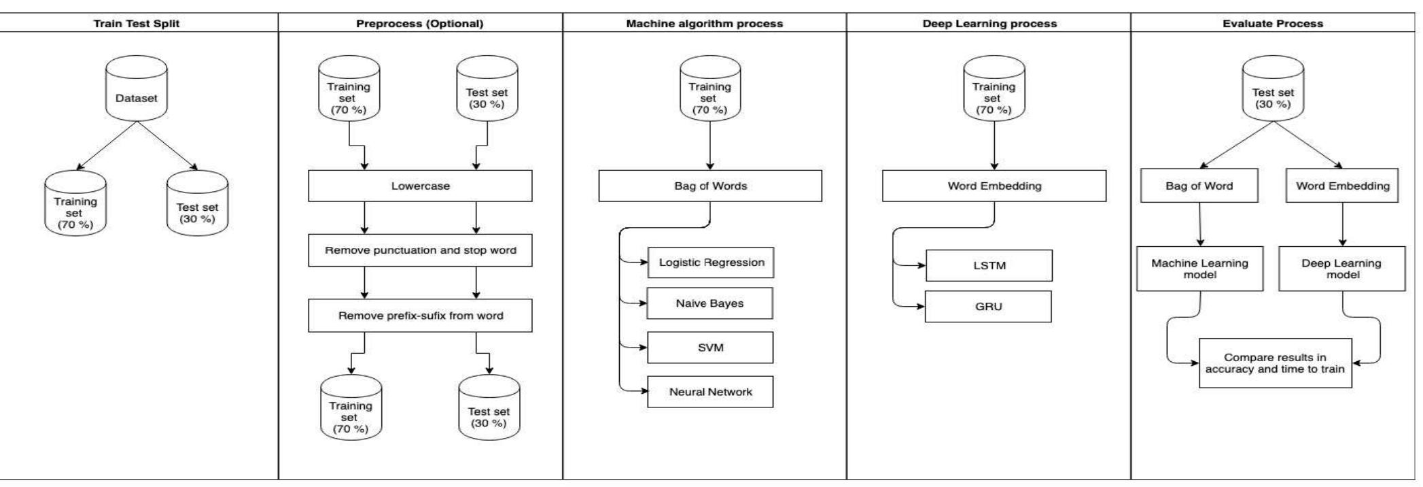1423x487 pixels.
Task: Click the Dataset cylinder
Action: (x=137, y=92)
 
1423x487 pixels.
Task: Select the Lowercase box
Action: (x=420, y=186)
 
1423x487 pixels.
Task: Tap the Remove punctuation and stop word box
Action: (x=420, y=250)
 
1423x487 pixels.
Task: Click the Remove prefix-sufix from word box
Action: (x=420, y=316)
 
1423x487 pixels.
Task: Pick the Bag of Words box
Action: (x=710, y=186)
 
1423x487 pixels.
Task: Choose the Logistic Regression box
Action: (x=710, y=263)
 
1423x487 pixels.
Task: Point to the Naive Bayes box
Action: (x=709, y=303)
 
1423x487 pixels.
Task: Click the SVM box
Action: (x=710, y=348)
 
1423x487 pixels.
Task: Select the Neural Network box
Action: (x=710, y=392)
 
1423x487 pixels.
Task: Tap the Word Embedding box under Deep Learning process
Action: (x=994, y=186)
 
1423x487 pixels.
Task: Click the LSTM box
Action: (x=989, y=265)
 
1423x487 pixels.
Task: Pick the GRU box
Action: (x=988, y=307)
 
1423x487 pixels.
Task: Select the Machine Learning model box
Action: (x=1199, y=269)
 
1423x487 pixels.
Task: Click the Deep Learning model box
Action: (x=1341, y=269)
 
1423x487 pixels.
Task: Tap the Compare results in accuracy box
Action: (x=1275, y=363)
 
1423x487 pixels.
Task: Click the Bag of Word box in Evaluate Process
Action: (x=1199, y=186)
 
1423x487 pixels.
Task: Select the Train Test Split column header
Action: (x=137, y=24)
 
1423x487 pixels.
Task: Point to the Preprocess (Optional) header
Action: (x=420, y=24)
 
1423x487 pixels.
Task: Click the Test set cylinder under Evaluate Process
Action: (x=1273, y=92)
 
